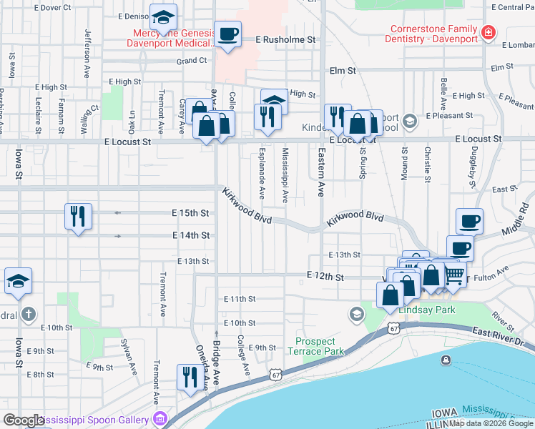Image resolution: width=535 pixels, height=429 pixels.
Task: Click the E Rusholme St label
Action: point(285,40)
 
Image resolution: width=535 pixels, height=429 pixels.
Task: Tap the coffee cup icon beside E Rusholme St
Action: point(227,34)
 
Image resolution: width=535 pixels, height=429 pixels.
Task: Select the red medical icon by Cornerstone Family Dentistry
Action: point(489,33)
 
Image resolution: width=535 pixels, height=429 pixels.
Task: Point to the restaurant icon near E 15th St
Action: point(79,217)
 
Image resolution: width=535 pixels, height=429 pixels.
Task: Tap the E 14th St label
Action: point(191,235)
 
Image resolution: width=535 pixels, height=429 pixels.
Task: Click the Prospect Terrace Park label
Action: point(315,346)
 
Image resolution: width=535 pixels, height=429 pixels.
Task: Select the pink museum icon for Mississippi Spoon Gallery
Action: point(160,419)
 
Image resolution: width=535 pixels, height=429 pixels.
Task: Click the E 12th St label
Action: point(325,275)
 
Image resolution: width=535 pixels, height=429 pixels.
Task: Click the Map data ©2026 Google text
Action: point(491,423)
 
